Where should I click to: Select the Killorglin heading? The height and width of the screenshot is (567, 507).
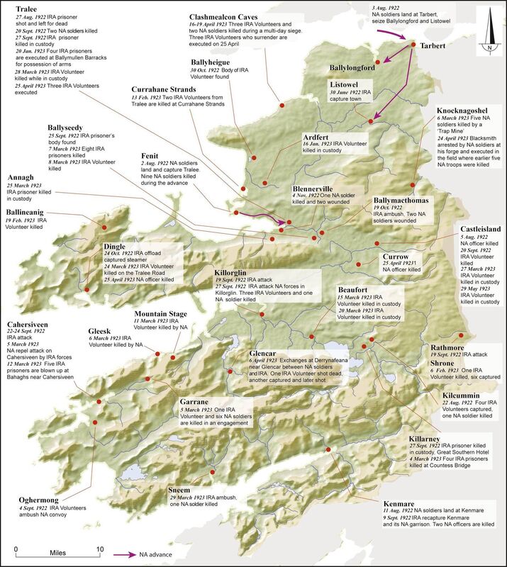coord(233,272)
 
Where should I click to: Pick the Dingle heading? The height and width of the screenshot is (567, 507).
coord(116,247)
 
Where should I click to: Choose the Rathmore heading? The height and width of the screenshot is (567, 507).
coord(450,347)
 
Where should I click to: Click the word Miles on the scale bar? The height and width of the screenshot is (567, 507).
coord(57,551)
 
